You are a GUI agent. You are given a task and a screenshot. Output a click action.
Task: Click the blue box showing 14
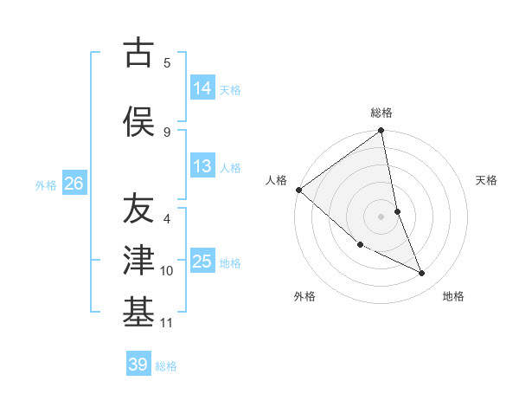tap(202, 88)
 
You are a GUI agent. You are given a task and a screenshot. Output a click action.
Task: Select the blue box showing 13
tap(202, 166)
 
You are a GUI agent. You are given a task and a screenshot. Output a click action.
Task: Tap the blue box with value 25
tap(202, 262)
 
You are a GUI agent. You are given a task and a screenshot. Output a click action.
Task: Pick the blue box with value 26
tap(74, 184)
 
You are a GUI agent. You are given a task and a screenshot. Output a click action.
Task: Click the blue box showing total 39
tap(138, 365)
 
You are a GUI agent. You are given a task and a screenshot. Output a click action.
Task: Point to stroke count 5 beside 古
tap(167, 62)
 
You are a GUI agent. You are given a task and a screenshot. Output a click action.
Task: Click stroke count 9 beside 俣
tap(167, 132)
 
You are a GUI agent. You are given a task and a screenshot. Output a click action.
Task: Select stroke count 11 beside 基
tap(167, 323)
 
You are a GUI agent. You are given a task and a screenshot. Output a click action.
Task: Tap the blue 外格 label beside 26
tap(46, 184)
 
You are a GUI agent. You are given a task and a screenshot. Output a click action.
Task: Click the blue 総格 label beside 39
tap(166, 365)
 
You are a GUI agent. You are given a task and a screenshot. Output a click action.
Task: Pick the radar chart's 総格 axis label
tap(381, 113)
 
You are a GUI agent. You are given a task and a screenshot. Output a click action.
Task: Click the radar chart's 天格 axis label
tap(487, 180)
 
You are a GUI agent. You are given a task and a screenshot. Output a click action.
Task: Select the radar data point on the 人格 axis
tap(298, 190)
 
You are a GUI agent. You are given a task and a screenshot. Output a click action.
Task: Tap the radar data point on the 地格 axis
tap(422, 274)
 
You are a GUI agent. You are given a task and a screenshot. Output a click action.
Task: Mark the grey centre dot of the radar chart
tap(381, 216)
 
